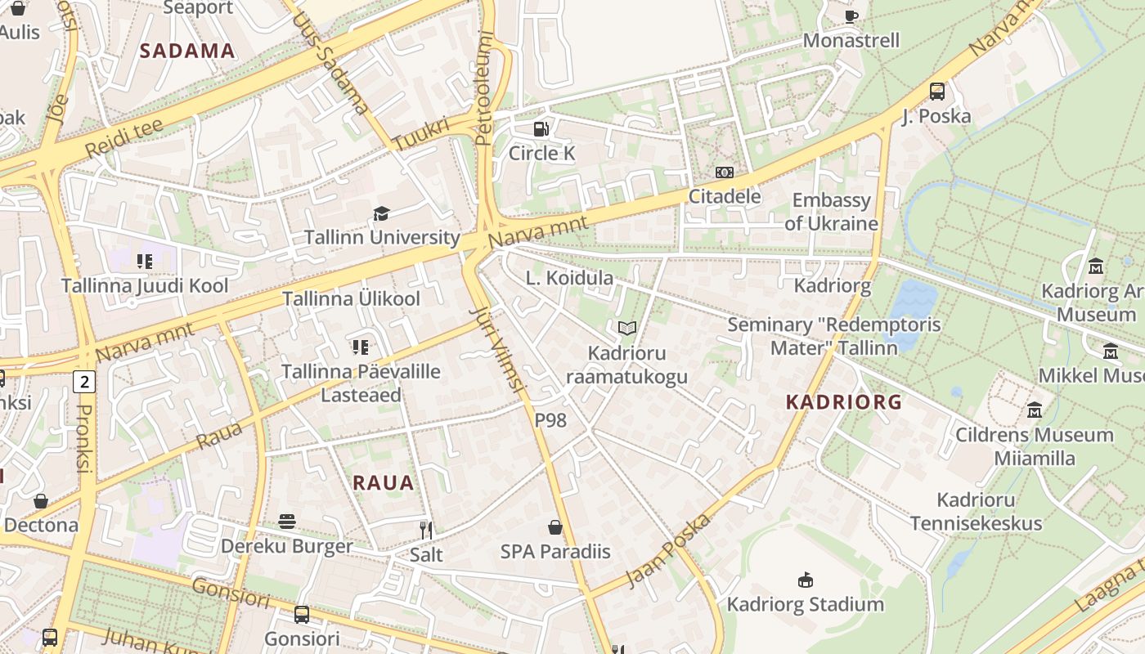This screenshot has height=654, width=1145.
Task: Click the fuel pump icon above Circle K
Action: pos(541,128)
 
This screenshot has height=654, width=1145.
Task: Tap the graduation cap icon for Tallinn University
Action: pos(381,213)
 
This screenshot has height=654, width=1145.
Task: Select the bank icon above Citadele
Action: pos(724,172)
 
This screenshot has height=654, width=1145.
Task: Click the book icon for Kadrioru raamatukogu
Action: pos(626,329)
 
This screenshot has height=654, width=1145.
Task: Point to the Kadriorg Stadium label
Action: pos(806,604)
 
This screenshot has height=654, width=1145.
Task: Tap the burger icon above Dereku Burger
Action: pos(286,522)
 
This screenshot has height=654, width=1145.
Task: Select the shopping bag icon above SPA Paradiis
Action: pos(555,527)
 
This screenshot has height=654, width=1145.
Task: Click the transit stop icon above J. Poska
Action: pos(937,92)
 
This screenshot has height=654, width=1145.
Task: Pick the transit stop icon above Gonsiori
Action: pos(302,615)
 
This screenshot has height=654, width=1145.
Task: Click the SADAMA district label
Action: pos(187,51)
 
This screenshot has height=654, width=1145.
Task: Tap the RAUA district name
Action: pos(384,482)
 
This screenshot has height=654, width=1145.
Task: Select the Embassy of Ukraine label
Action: pos(831,212)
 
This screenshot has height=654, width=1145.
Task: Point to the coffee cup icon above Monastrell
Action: pos(851,16)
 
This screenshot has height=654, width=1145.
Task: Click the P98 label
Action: pos(550,420)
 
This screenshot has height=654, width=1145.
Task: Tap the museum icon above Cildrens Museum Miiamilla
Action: pos(1034,410)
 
